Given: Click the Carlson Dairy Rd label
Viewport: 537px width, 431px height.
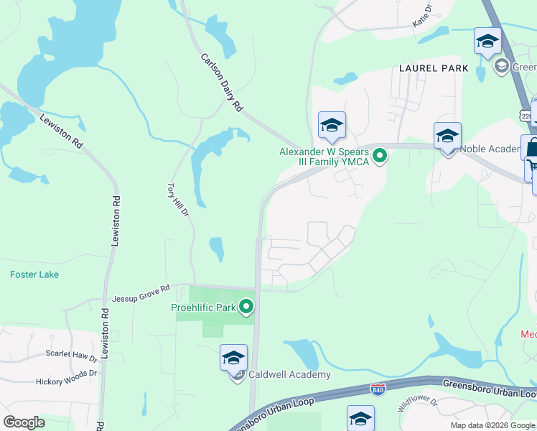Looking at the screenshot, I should coord(220,83).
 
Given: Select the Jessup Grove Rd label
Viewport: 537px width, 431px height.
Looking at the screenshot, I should coord(141,293).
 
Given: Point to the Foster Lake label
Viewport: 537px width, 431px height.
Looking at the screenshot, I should coord(34,274).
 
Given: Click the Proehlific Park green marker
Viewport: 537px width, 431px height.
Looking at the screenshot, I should coord(247,308).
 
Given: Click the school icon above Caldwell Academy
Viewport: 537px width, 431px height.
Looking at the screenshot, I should coord(233,357).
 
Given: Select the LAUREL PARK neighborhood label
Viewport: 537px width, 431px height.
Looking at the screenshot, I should coord(434,68).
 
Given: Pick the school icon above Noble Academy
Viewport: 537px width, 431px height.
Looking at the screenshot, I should coord(447,135).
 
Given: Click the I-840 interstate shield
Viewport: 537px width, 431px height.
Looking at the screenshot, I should coord(378,389).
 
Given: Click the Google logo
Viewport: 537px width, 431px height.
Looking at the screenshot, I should coord(24,422).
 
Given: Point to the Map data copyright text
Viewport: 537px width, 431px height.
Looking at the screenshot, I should coord(492,425).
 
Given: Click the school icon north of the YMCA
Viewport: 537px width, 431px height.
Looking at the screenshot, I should coord(332,125).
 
